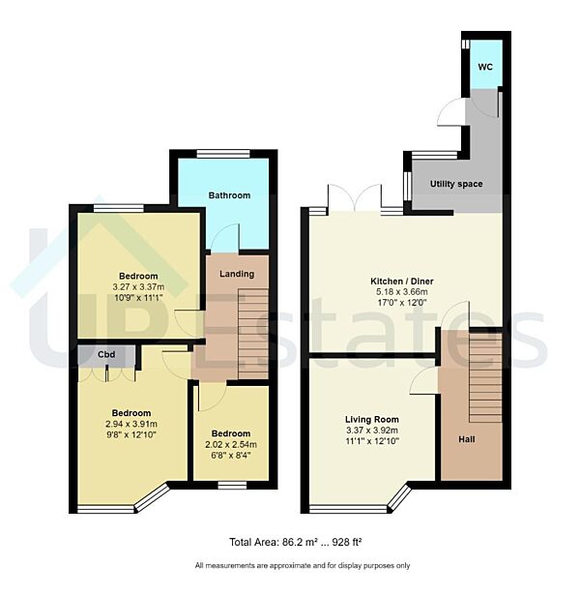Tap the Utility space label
(x=455, y=184)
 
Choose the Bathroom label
(x=229, y=195)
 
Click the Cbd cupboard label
(x=106, y=354)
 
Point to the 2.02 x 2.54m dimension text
(x=230, y=445)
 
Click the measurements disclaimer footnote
(x=302, y=565)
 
